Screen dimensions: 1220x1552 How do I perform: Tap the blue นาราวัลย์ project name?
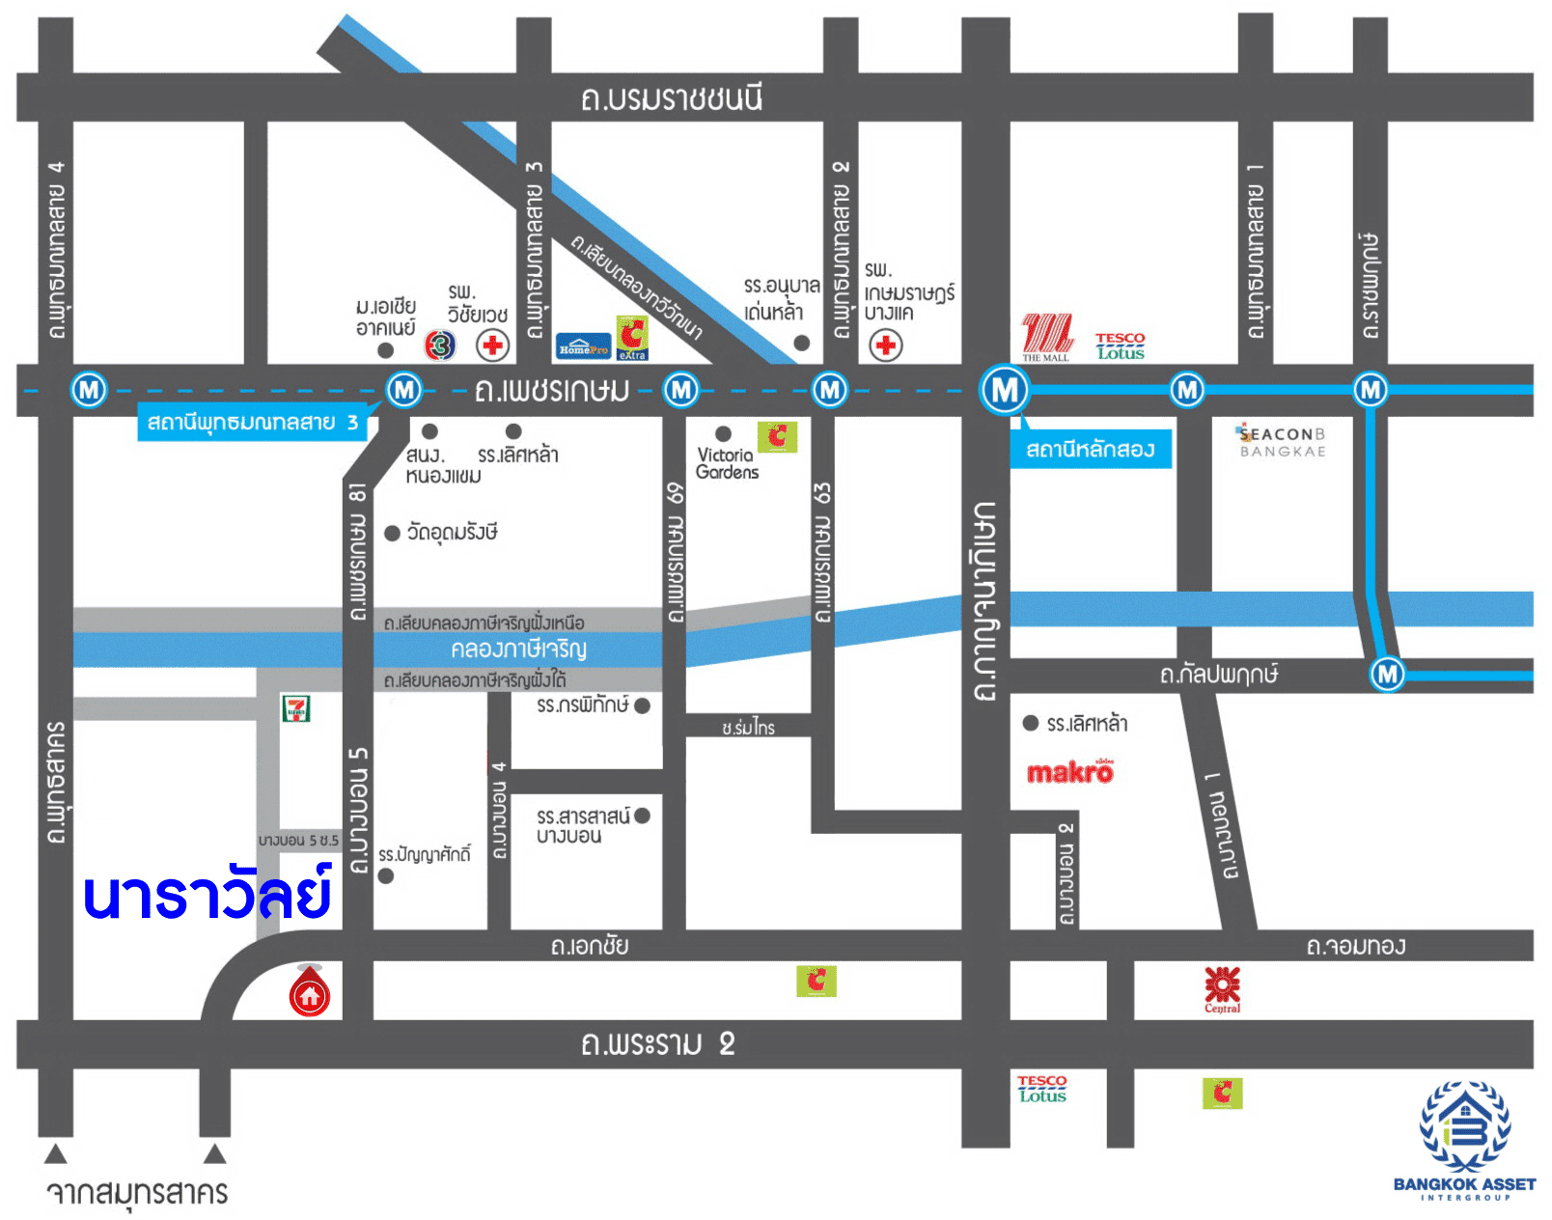208,895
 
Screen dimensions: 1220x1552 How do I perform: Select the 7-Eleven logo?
296,708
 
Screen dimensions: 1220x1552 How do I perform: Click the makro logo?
1070,772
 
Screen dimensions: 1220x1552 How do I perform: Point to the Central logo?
1222,988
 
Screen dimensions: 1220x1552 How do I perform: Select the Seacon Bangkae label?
1283,441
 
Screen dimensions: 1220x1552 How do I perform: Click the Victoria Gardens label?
727,463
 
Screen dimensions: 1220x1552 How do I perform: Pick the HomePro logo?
583,347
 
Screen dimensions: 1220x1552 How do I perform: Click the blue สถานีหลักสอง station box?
1090,449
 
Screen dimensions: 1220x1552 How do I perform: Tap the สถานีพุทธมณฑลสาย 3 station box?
253,423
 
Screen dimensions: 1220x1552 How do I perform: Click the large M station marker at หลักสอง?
1005,390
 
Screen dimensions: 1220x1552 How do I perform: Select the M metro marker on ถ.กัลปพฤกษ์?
1387,673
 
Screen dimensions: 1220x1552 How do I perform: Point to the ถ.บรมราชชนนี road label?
671,98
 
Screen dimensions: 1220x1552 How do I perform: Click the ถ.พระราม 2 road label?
657,1043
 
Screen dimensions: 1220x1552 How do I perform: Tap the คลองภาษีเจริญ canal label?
518,649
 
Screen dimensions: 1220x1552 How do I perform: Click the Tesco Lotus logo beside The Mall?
1120,347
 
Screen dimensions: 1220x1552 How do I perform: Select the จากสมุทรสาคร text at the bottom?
137,1193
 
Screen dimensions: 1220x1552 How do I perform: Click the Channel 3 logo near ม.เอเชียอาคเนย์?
440,345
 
